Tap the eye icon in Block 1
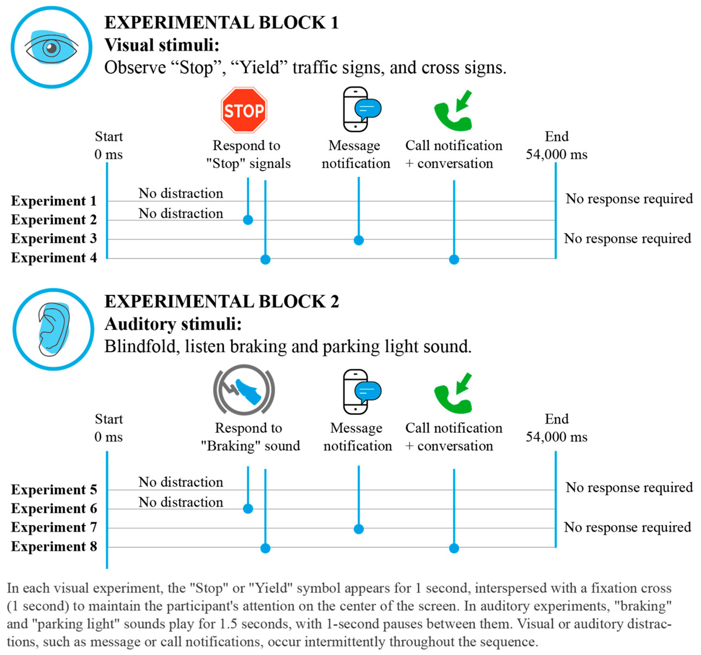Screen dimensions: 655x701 click(x=52, y=47)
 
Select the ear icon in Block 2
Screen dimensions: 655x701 click(x=53, y=330)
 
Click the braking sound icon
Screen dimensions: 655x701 click(x=244, y=390)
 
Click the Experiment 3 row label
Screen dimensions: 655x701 click(x=54, y=239)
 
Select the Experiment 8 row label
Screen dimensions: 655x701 click(x=54, y=547)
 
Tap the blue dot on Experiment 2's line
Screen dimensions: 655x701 click(x=248, y=220)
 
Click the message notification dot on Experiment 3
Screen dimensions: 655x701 click(x=359, y=240)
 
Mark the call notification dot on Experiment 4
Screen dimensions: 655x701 click(x=454, y=260)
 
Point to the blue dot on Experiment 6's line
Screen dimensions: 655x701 click(x=248, y=509)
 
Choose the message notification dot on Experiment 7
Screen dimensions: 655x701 click(x=359, y=529)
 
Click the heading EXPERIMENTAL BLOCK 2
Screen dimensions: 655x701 click(x=221, y=302)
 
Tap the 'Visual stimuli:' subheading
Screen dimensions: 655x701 click(x=162, y=45)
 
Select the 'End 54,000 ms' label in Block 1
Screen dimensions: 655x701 click(x=557, y=145)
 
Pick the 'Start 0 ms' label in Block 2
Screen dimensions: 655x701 click(x=109, y=428)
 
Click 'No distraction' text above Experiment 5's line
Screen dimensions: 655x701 click(x=181, y=482)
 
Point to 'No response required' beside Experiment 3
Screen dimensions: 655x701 click(x=627, y=239)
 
